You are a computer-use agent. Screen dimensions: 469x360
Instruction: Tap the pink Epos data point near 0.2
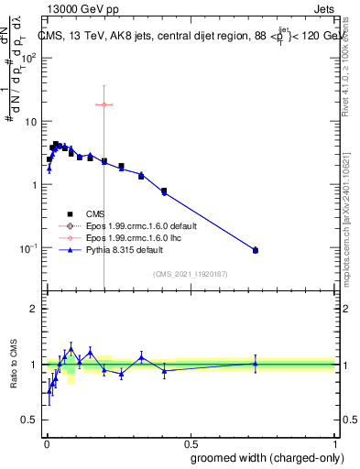click(x=104, y=104)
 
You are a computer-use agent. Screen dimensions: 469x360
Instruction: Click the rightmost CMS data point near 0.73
click(x=256, y=250)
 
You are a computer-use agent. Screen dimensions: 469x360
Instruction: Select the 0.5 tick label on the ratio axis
click(x=28, y=420)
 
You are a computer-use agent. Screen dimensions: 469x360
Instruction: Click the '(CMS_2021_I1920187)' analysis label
click(x=191, y=272)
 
